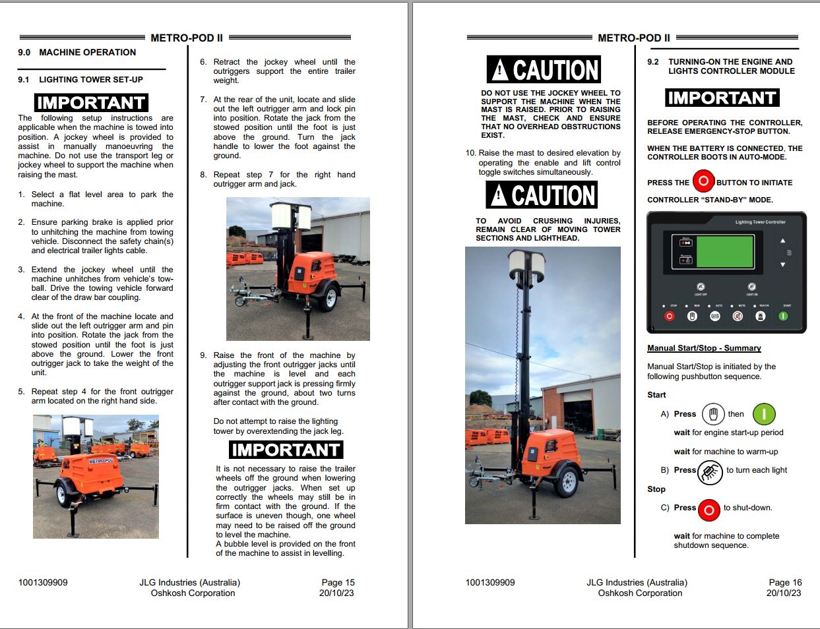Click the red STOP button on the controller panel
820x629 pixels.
(669, 316)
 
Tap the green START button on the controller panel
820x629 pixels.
(783, 316)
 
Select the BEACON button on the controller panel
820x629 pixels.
(761, 316)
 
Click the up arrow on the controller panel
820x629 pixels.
(782, 241)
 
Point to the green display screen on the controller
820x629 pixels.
(724, 251)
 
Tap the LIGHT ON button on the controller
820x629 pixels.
(751, 287)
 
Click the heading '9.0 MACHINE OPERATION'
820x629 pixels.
(77, 52)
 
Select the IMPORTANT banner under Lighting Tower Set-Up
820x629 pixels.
(91, 103)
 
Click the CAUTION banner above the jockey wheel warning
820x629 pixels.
(544, 70)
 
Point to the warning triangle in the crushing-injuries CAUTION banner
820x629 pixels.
(499, 195)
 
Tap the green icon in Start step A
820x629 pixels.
(764, 414)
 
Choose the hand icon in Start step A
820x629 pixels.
(712, 414)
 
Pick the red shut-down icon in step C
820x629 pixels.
(709, 510)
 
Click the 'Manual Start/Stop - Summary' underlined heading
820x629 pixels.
(704, 348)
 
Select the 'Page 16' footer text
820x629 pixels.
(785, 582)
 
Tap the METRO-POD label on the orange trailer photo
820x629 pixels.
(101, 460)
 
